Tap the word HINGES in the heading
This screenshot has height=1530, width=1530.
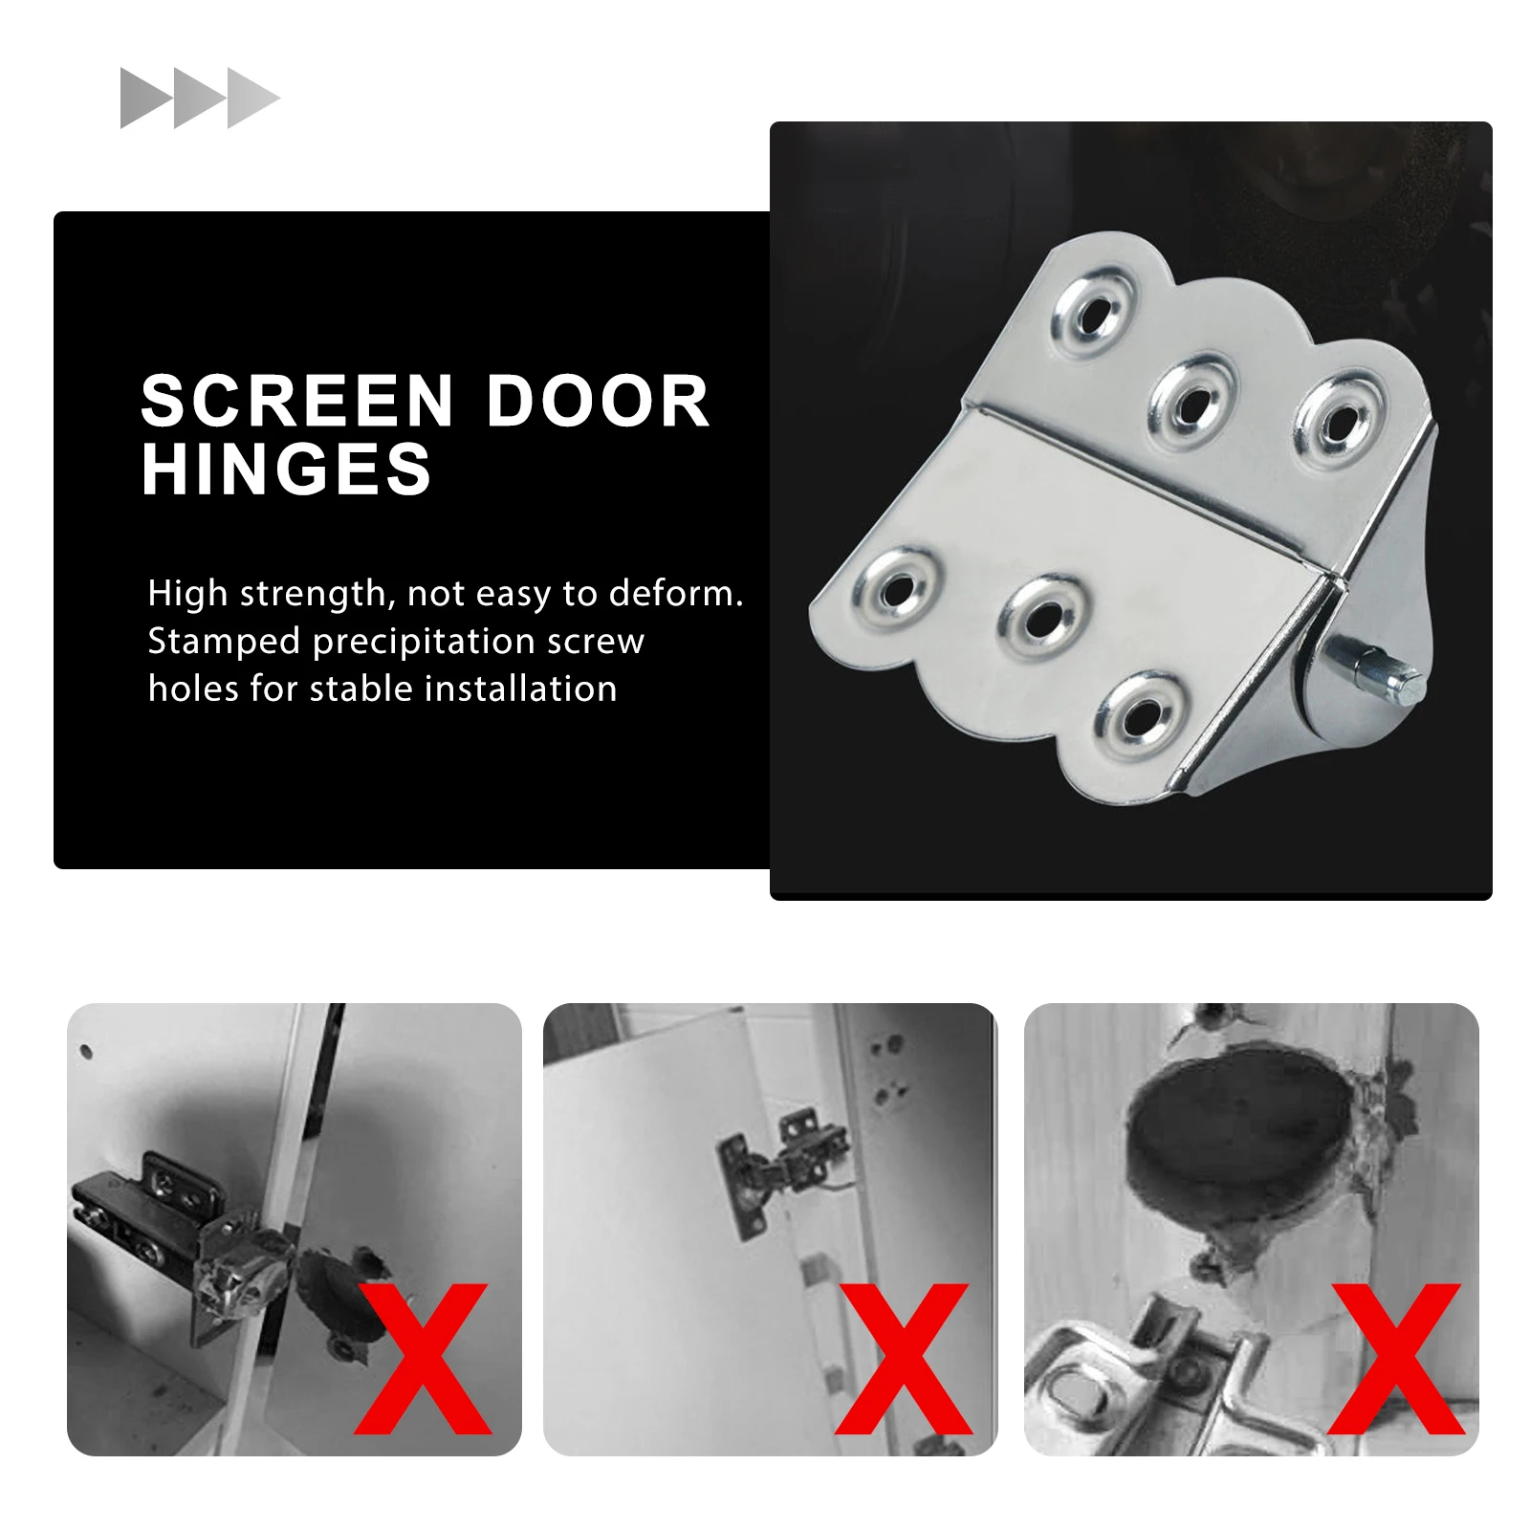pyautogui.click(x=286, y=470)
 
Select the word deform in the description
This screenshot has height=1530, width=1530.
pyautogui.click(x=676, y=594)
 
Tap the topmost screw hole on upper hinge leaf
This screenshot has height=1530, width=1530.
pyautogui.click(x=1095, y=315)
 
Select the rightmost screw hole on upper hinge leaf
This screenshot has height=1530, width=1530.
pyautogui.click(x=1339, y=418)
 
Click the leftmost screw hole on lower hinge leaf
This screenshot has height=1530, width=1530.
pyautogui.click(x=896, y=590)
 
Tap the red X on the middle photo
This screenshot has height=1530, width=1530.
pyautogui.click(x=903, y=1358)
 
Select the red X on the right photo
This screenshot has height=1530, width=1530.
pyautogui.click(x=1396, y=1358)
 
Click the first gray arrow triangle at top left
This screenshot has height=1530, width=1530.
pyautogui.click(x=143, y=98)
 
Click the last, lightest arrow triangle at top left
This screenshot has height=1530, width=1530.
pyautogui.click(x=251, y=98)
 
